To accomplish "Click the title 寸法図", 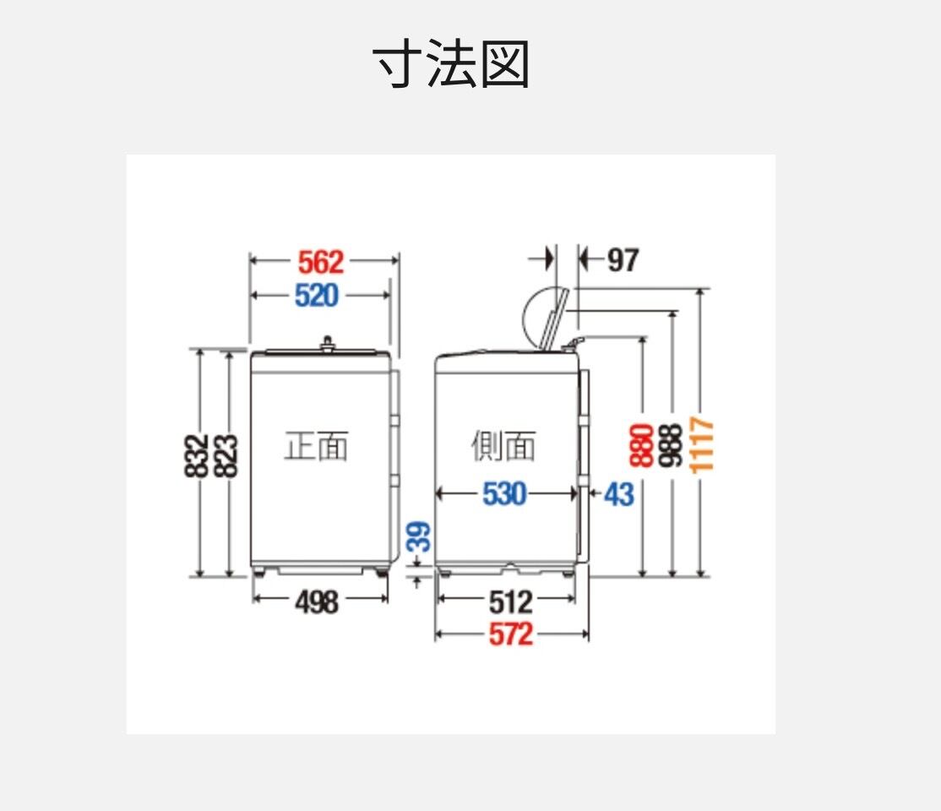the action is tap(451, 63).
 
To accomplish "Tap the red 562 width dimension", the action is tap(321, 263).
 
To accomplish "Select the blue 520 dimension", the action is tap(317, 296).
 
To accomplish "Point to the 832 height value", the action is tap(196, 456).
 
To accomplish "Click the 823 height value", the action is tap(226, 456).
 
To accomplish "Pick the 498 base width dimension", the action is tap(317, 601).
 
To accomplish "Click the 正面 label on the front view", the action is tap(316, 446).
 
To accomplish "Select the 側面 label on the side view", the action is tap(503, 446).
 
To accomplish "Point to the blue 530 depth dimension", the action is tap(504, 494).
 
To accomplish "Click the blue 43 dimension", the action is tap(618, 495).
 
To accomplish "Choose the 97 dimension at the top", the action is tap(623, 260).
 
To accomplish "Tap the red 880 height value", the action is tap(641, 445).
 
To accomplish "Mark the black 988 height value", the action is tap(671, 445).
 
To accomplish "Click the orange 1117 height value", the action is tap(702, 445).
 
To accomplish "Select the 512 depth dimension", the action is tap(511, 602).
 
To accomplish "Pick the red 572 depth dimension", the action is tap(511, 634).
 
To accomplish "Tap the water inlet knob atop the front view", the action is tap(327, 342).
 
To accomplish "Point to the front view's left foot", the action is tap(259, 571).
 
